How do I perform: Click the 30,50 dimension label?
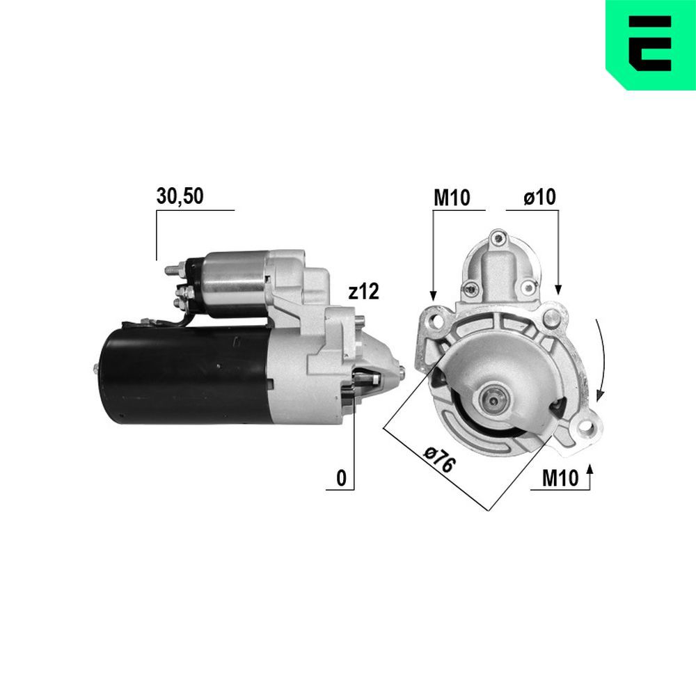(180, 197)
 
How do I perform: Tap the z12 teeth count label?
(363, 292)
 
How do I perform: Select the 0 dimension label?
(341, 478)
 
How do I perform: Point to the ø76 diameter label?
(439, 461)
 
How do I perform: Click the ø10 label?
(539, 198)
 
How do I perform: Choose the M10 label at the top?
(452, 198)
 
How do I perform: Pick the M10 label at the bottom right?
(560, 478)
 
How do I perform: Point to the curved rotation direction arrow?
(603, 362)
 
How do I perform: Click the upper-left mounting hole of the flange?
(436, 319)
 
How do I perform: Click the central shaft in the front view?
(493, 400)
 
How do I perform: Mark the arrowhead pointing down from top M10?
(433, 296)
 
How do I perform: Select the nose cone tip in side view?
(400, 369)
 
